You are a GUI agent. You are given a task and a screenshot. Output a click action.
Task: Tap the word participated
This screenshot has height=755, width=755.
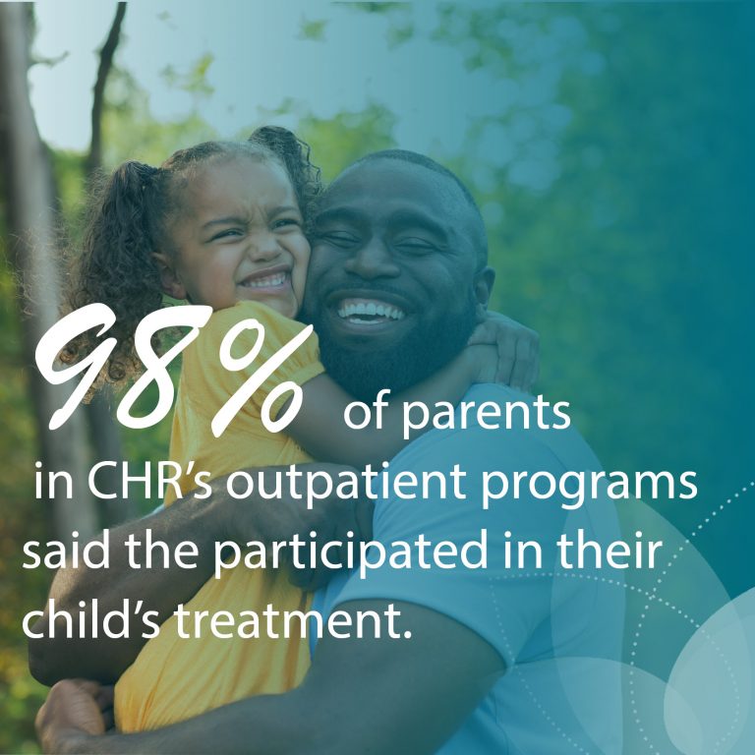[x=351, y=552]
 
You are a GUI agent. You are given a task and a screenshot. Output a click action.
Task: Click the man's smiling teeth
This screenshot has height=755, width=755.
[x=370, y=311]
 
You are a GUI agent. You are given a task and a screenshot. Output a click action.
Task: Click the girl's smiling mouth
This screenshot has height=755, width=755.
[x=266, y=280]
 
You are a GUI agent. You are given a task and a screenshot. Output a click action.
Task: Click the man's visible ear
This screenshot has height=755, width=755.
[x=483, y=293]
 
